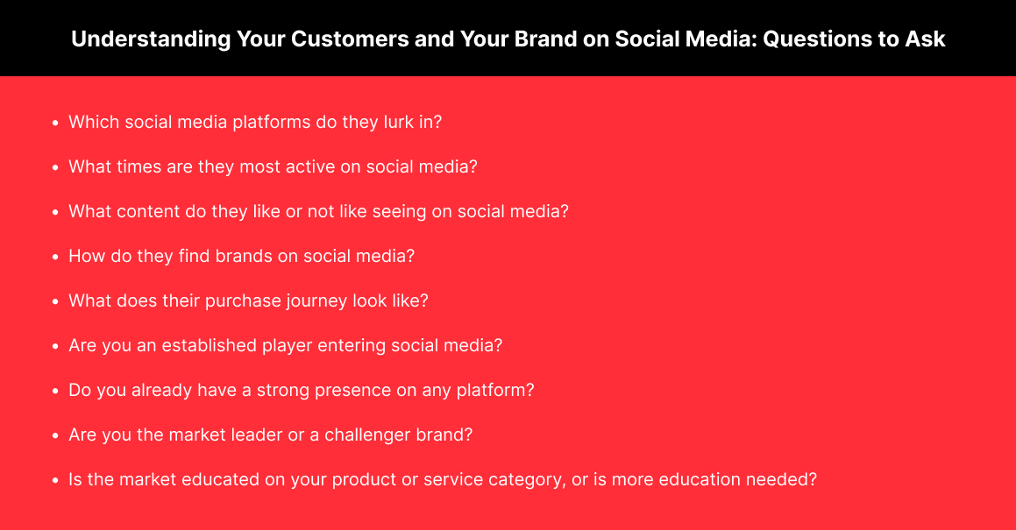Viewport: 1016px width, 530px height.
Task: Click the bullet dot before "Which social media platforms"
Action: tap(56, 123)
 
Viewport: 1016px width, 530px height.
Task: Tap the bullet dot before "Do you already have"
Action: tap(56, 391)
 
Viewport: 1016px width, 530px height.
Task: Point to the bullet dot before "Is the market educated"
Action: tap(56, 480)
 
